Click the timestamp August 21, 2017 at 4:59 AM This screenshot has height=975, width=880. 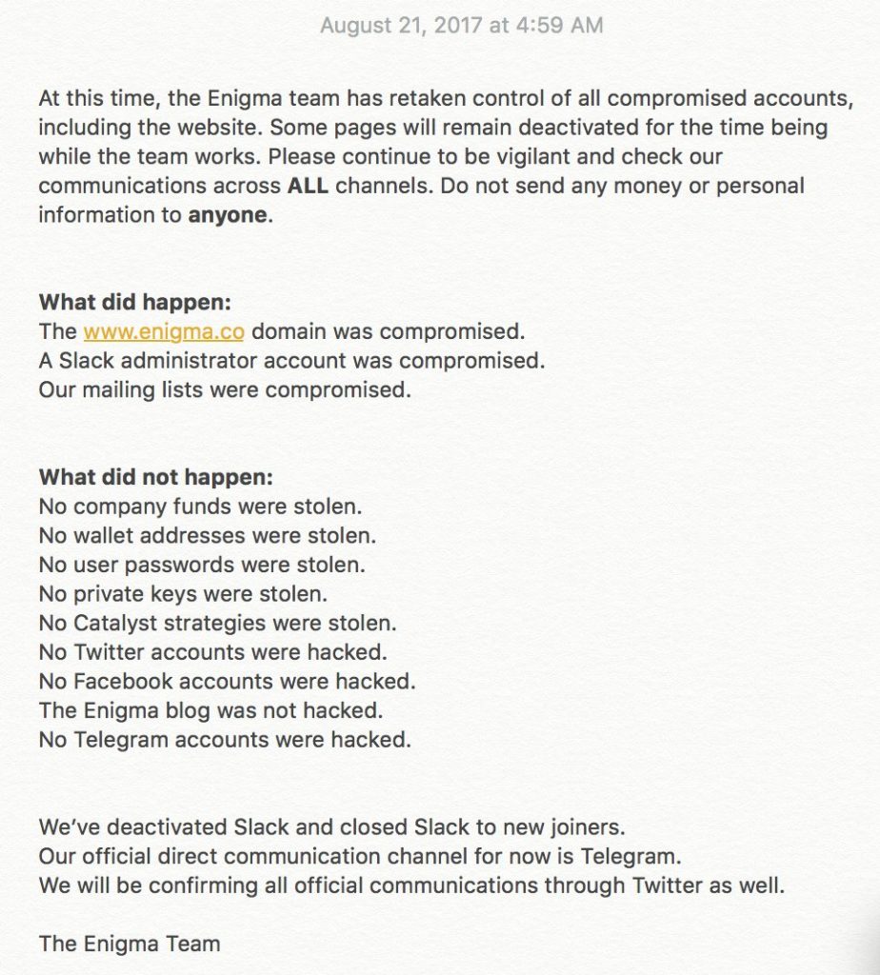[461, 26]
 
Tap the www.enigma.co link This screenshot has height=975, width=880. [164, 331]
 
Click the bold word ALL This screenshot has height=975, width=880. [308, 186]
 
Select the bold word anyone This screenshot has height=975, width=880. [228, 215]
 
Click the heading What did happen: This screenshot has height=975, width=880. [135, 303]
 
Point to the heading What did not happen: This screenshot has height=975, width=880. [156, 478]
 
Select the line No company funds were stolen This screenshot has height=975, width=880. [200, 507]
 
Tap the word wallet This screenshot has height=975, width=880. [109, 536]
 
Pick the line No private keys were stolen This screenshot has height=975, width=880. [183, 594]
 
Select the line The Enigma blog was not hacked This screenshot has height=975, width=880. [210, 710]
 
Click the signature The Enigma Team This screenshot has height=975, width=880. [130, 945]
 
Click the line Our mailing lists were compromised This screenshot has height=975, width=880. [225, 390]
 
